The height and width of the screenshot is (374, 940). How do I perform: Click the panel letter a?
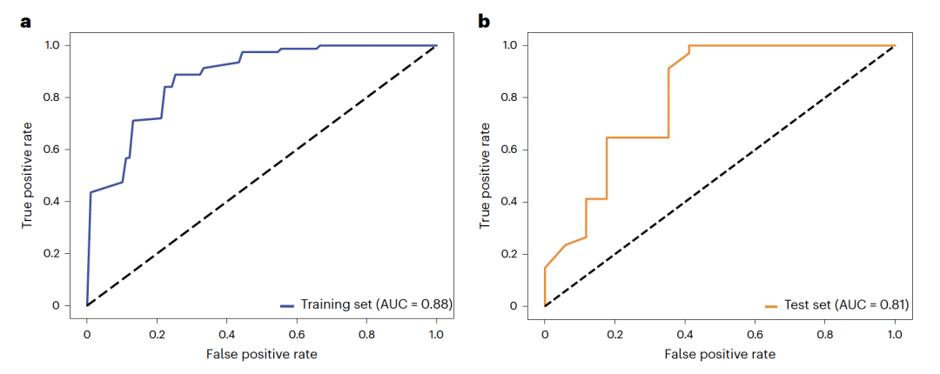pyautogui.click(x=27, y=20)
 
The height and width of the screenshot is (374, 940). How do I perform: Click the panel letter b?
pyautogui.click(x=485, y=20)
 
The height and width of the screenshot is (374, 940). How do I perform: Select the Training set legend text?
pyautogui.click(x=377, y=304)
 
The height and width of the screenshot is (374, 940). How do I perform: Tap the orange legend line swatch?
pyautogui.click(x=772, y=306)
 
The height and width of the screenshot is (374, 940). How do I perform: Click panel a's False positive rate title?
pyautogui.click(x=261, y=354)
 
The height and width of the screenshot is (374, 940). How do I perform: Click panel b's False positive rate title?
pyautogui.click(x=719, y=355)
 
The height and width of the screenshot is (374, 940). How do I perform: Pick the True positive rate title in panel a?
pyautogui.click(x=29, y=176)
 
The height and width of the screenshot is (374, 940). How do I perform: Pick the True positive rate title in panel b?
pyautogui.click(x=486, y=176)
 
